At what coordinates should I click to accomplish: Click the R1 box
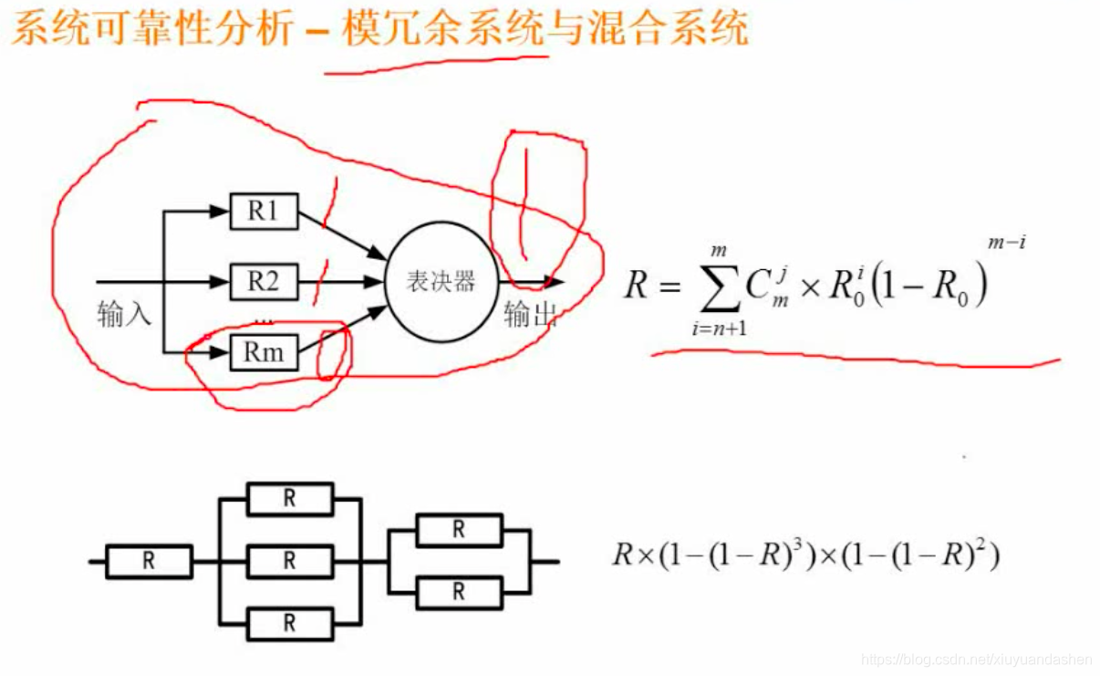coord(264,212)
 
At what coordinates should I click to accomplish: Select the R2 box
coord(264,282)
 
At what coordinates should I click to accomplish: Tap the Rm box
coord(264,352)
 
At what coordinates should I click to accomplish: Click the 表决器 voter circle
coord(441,281)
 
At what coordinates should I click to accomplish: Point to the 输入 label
coord(124,316)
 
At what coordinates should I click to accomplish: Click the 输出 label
coord(530,315)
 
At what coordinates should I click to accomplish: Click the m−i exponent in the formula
coord(1007,243)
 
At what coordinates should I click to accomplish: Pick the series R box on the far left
coord(149,562)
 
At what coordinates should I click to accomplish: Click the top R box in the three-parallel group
coord(290,499)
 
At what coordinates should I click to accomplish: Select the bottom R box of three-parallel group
coord(290,624)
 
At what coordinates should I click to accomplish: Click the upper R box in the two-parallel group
coord(459,530)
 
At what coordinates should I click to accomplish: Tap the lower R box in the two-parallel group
coord(459,593)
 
